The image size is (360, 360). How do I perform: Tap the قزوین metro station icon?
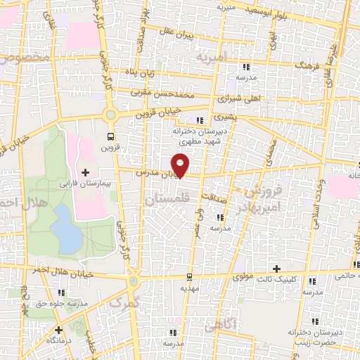point(110,136)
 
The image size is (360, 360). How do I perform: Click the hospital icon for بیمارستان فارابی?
point(86,172)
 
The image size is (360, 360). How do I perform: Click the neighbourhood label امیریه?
point(210,55)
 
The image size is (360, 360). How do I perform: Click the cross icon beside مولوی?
point(277,269)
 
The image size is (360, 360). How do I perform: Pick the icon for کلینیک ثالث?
point(311,281)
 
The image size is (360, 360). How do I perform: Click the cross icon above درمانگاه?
point(59,328)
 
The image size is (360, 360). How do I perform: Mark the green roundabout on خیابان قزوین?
point(110,114)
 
